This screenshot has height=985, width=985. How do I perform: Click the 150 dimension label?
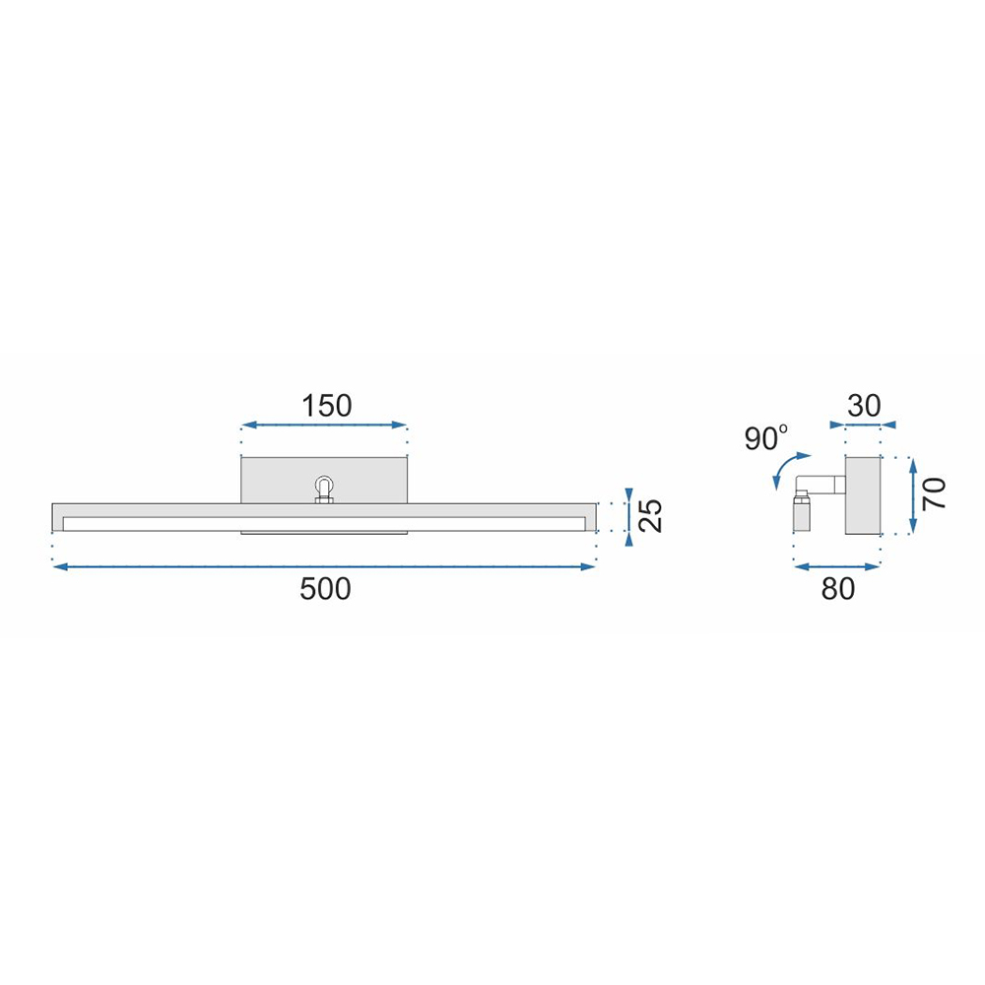(327, 406)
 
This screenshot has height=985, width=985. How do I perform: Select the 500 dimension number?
(325, 589)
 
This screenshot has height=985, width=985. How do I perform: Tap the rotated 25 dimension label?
(651, 516)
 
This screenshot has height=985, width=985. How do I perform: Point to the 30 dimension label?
(865, 406)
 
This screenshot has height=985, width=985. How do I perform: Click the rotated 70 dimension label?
(934, 493)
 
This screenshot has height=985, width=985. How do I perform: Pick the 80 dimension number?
(838, 589)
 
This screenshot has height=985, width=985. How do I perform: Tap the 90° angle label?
(765, 438)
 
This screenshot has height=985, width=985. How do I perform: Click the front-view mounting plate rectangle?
(325, 481)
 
